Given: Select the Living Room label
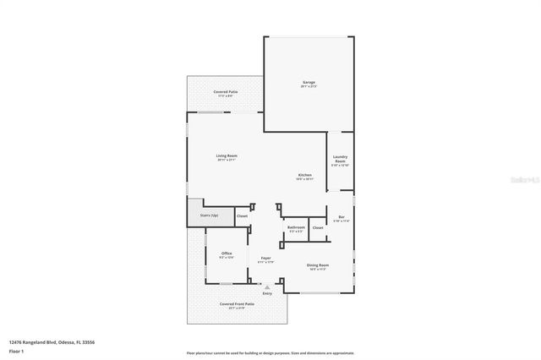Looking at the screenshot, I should coord(227,157).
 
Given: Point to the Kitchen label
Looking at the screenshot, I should coord(304,177).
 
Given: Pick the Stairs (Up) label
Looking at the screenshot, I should coord(210,216).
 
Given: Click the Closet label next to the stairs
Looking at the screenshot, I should coord(242,216).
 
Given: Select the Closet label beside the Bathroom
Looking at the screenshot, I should coord(318,228).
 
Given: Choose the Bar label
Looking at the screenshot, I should coord(341,219).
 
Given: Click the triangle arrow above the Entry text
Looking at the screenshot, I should coord(267,286).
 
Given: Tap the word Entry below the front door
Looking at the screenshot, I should coord(267,293).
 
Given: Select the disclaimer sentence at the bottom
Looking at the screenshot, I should coord(270,353).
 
